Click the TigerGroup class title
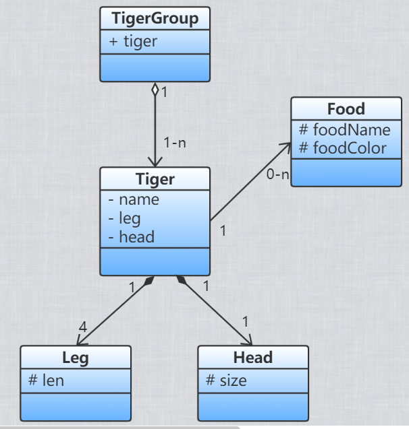pyautogui.click(x=155, y=19)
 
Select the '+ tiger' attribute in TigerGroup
pyautogui.click(x=133, y=41)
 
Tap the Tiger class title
pyautogui.click(x=155, y=179)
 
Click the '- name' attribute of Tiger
pyautogui.click(x=134, y=199)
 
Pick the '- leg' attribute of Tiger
pyautogui.click(x=126, y=218)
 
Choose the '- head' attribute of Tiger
pyautogui.click(x=131, y=236)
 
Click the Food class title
pyautogui.click(x=346, y=109)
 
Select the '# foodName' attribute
pyautogui.click(x=344, y=129)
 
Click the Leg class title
pyautogui.click(x=75, y=358)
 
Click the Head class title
pyautogui.click(x=252, y=358)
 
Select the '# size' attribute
pyautogui.click(x=226, y=381)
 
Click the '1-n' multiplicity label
pyautogui.click(x=174, y=143)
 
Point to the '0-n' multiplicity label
pyautogui.click(x=278, y=175)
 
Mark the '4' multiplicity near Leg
pyautogui.click(x=83, y=327)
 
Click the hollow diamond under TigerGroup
pyautogui.click(x=155, y=90)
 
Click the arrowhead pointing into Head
pyautogui.click(x=247, y=341)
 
